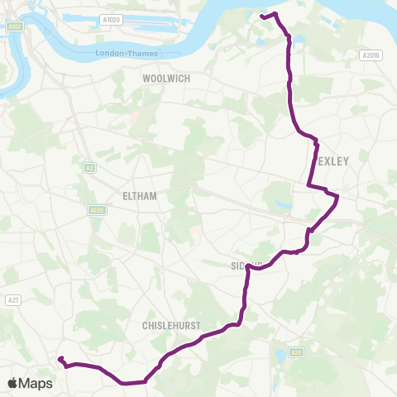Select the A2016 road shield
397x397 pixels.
[372, 55]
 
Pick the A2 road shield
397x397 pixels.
[89, 167]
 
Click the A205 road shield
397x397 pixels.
[98, 210]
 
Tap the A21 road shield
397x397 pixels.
[12, 299]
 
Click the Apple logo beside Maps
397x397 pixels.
[14, 383]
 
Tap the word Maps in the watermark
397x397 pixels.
[37, 383]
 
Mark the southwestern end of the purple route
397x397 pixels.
[60, 358]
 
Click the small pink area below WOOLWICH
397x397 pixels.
[132, 118]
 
